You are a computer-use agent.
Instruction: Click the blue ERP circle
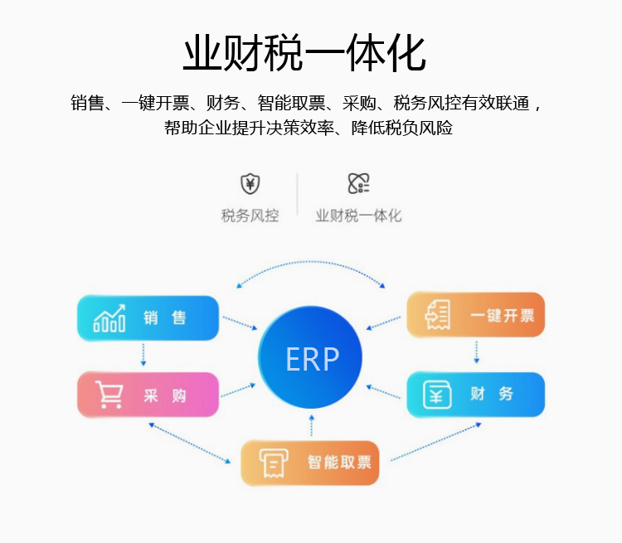point(311,358)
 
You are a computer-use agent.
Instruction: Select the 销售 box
point(148,318)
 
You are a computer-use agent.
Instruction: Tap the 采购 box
point(148,395)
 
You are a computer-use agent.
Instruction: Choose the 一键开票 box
point(475,315)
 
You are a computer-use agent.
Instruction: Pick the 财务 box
point(475,395)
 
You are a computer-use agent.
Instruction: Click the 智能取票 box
point(309,463)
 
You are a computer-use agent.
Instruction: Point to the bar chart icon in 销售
point(109,318)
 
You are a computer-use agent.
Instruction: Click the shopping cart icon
point(109,395)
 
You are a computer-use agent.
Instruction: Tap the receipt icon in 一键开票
point(437,315)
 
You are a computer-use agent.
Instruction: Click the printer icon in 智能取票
point(270,463)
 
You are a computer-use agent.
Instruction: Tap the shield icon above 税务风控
point(250,184)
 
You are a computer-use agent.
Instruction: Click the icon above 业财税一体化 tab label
point(358,184)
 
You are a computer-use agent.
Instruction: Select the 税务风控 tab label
point(250,216)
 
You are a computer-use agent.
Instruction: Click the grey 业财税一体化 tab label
point(358,216)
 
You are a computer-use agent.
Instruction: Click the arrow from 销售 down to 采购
point(143,355)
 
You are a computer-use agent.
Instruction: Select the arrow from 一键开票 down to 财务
point(476,353)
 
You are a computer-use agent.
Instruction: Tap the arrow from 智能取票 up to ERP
point(311,426)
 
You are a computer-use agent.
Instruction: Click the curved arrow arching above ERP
point(311,262)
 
